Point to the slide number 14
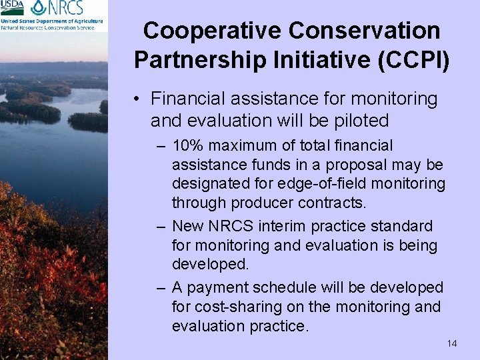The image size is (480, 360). [452, 343]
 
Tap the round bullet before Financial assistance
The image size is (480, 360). [135, 100]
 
